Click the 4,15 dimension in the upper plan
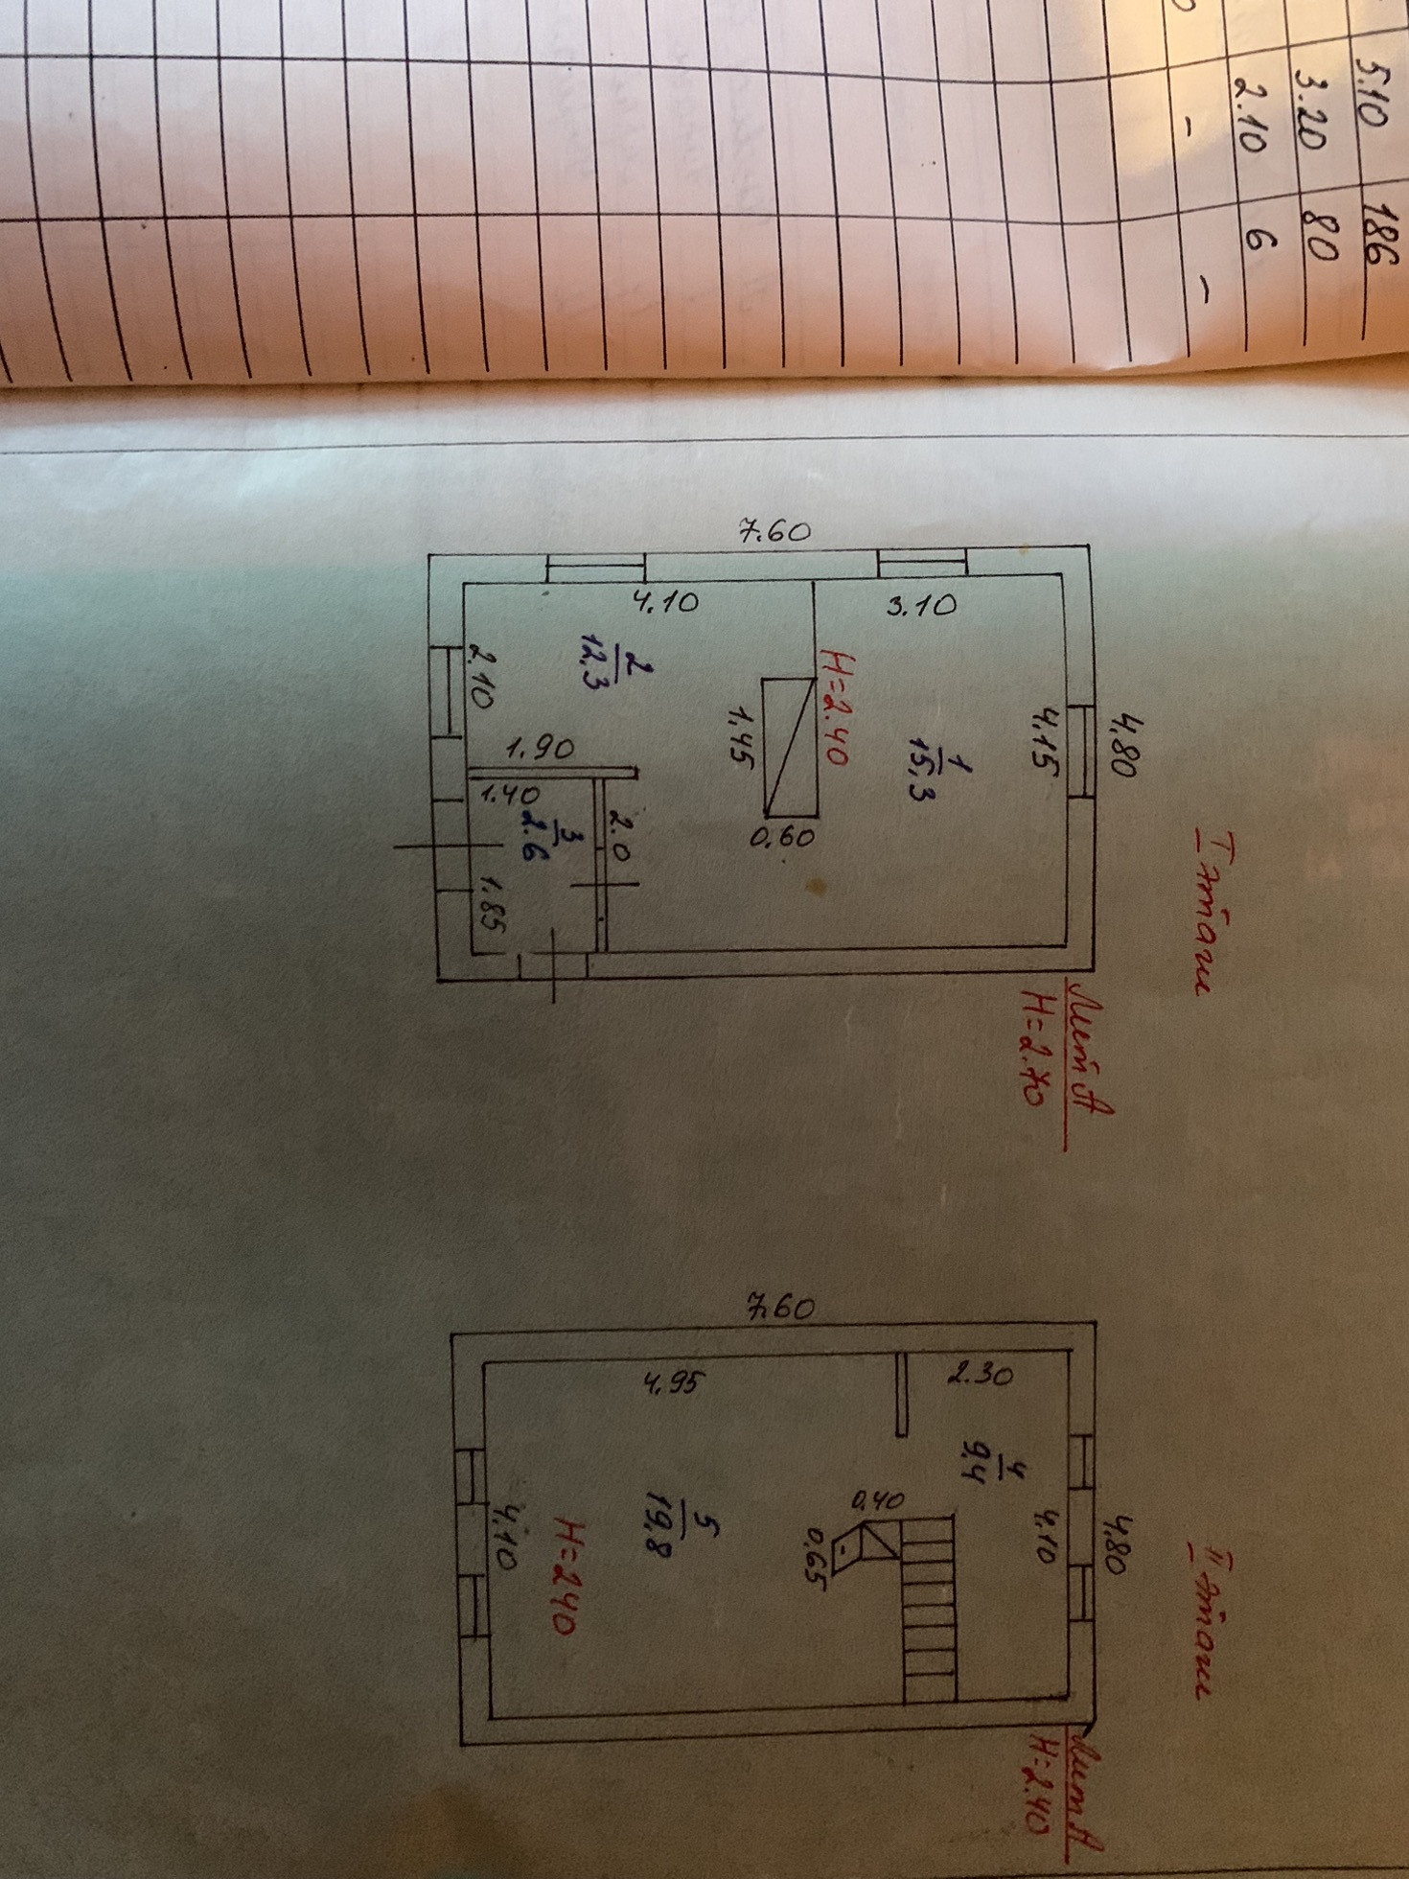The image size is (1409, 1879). (x=1044, y=736)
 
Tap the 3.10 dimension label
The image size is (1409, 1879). (x=921, y=605)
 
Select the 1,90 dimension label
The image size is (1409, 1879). (x=541, y=749)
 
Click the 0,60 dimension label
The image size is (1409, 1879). (x=782, y=837)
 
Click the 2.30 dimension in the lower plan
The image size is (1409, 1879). (x=980, y=1375)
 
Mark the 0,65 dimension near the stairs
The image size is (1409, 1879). (x=816, y=1558)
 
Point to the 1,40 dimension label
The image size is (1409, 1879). (x=509, y=794)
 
